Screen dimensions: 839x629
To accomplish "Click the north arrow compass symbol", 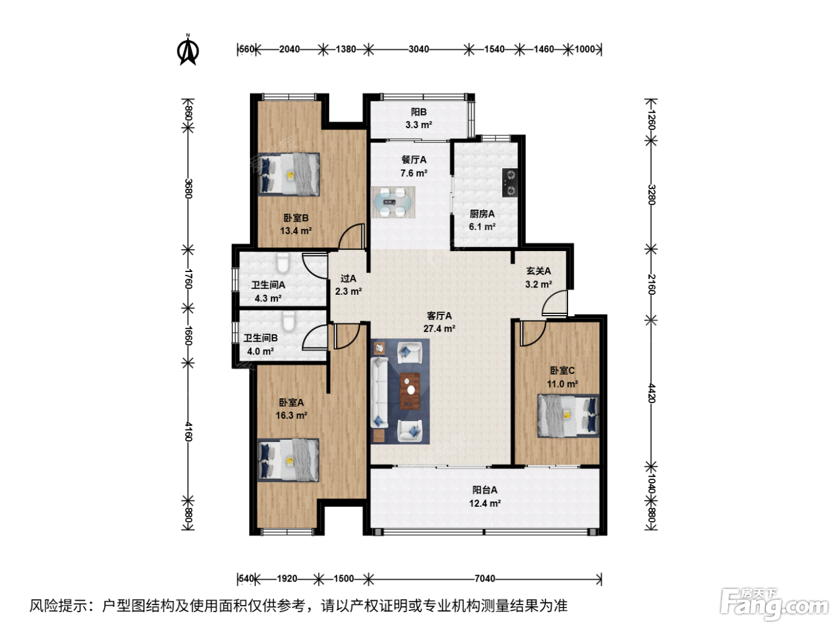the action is click(188, 50).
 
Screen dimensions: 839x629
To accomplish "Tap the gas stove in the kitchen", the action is click(510, 183).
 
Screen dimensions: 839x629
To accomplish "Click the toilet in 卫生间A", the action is click(283, 263).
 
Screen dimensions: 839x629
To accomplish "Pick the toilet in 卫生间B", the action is click(289, 321).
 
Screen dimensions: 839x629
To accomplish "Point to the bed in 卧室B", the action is click(289, 174).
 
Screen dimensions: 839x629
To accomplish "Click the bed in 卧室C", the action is click(568, 416).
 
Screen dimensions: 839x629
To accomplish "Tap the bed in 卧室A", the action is click(288, 460).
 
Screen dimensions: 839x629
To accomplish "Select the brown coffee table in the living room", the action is click(410, 391).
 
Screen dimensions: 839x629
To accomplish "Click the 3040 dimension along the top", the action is click(418, 49).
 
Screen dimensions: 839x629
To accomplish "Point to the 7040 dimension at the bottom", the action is click(485, 579).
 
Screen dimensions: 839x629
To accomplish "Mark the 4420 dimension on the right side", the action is click(651, 394).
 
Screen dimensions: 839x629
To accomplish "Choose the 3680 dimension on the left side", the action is click(188, 189).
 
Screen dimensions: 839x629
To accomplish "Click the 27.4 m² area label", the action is click(439, 329).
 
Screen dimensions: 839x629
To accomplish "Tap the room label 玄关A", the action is click(539, 271).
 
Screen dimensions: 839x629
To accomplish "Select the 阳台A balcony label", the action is click(485, 490).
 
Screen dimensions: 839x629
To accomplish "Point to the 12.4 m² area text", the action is click(485, 503).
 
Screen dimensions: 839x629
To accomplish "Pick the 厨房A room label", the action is click(482, 214).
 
